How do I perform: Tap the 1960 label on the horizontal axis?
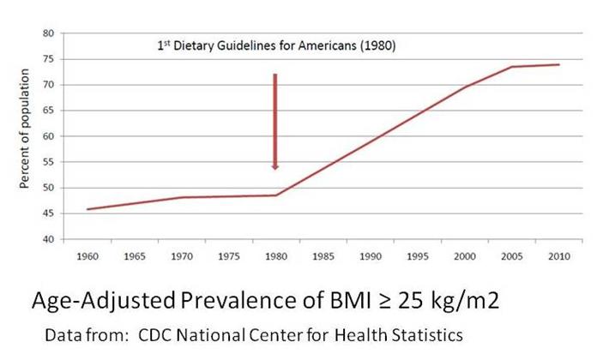click(87, 255)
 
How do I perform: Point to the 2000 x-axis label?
click(465, 255)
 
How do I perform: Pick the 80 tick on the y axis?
click(49, 33)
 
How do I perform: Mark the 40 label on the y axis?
click(49, 239)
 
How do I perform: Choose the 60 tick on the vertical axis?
click(49, 136)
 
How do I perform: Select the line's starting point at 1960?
click(87, 209)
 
